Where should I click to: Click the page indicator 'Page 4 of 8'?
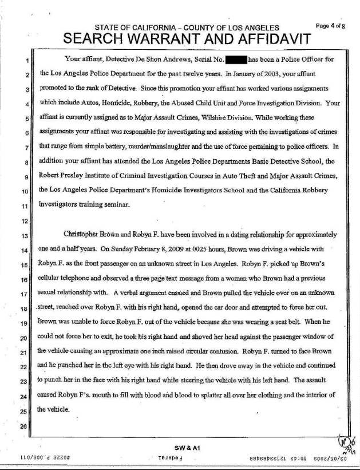330,26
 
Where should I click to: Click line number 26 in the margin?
23,426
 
